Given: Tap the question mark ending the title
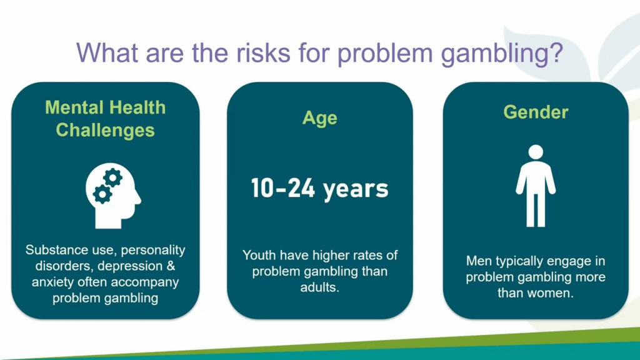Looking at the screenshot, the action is (x=556, y=52).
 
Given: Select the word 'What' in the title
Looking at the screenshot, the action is (x=107, y=52).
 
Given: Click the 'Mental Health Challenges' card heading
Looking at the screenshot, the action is (x=105, y=119).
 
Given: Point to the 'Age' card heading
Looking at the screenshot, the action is (x=319, y=118).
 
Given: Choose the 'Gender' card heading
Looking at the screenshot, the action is (x=536, y=112).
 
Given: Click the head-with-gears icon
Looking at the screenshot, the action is (x=113, y=196).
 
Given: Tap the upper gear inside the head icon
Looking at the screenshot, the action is (x=112, y=178).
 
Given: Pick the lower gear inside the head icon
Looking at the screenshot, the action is (x=102, y=194).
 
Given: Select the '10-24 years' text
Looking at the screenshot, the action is (x=319, y=189).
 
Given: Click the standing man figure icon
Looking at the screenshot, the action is (x=536, y=186).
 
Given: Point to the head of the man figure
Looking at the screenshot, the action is (x=536, y=152).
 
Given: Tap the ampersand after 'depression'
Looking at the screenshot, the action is (x=171, y=266).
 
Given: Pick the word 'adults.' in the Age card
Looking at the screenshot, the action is (x=319, y=287).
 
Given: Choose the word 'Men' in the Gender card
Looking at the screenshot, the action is (x=477, y=261).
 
